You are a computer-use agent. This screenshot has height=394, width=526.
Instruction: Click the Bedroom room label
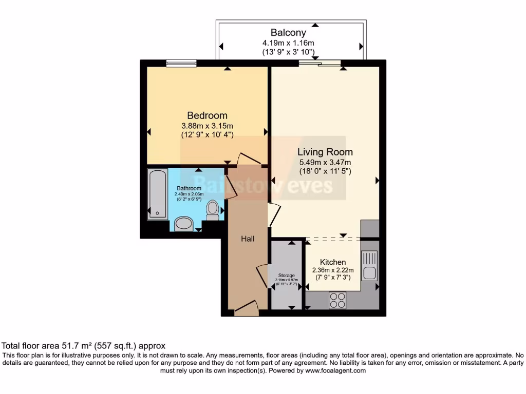207,115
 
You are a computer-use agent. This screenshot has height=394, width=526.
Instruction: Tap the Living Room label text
325,152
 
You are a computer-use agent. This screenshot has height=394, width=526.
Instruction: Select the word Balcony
289,33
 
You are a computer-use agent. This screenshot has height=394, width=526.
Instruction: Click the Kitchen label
333,262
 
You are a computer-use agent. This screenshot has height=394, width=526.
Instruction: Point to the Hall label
248,239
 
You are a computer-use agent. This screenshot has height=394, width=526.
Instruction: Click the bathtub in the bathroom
157,194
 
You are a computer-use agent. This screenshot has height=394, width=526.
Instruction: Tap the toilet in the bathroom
213,209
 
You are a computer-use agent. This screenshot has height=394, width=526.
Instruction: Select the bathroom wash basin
183,224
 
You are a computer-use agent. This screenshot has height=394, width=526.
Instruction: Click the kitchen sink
369,265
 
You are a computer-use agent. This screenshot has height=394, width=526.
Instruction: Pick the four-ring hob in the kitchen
337,300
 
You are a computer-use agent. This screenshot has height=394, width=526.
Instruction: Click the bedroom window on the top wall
181,63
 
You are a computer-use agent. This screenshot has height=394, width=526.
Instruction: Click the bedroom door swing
250,160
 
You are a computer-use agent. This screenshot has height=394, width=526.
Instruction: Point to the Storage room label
287,275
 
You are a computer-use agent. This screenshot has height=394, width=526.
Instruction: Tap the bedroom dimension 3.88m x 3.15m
207,126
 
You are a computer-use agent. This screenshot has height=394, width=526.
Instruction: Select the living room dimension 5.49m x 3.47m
325,162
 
